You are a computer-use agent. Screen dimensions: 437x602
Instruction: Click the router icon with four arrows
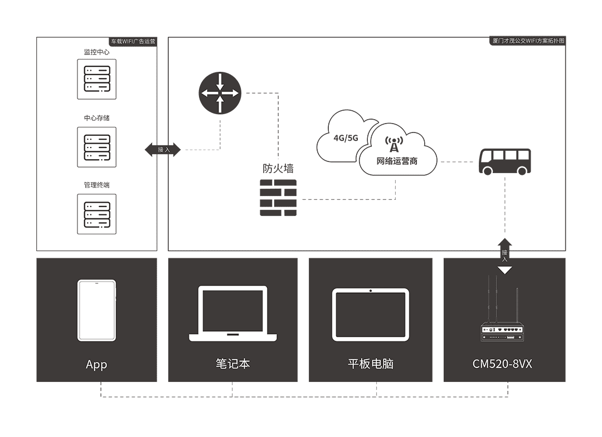click(x=220, y=94)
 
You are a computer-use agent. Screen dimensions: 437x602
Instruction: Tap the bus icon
click(x=505, y=161)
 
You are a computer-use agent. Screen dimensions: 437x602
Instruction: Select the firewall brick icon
click(x=278, y=198)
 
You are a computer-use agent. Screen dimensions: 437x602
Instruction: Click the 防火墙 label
click(x=278, y=169)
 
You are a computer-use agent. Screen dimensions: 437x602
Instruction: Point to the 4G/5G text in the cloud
click(x=345, y=138)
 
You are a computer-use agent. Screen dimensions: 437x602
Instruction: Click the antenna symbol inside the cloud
click(x=394, y=145)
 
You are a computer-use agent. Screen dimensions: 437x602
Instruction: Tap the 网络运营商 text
click(x=397, y=161)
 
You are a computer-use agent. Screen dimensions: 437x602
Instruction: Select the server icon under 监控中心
click(x=96, y=79)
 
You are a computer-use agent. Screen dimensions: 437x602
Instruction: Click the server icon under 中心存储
click(x=96, y=147)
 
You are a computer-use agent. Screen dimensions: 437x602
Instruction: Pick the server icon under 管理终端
click(x=96, y=214)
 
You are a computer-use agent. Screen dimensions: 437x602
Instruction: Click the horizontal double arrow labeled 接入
click(x=163, y=149)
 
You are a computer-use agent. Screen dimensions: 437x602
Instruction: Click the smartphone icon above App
click(x=96, y=310)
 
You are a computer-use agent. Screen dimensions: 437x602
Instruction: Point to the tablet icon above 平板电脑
click(x=371, y=314)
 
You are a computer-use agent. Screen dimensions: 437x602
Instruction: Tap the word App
click(x=96, y=365)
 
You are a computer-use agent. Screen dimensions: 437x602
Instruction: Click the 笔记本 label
click(x=232, y=364)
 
